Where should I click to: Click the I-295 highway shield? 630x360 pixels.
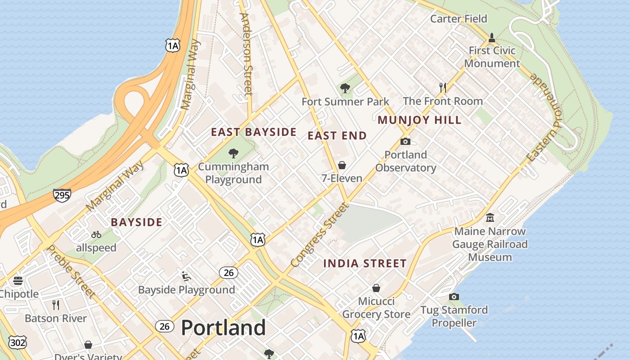pos(62,195)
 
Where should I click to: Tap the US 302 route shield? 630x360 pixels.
pos(17,342)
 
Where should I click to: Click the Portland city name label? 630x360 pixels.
pos(223,328)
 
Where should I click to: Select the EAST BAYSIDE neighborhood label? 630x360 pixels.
pos(254,132)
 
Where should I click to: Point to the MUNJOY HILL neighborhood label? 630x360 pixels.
pos(419,120)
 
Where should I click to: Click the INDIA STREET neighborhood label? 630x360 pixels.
pos(365,263)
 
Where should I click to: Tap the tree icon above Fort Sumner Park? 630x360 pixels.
pos(345,88)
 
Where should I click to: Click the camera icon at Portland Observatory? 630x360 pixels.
pos(405,141)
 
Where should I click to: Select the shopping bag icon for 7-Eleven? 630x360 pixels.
pos(342,165)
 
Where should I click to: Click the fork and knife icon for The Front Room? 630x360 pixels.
pos(443,87)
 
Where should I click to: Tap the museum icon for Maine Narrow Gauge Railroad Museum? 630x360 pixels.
pos(490,218)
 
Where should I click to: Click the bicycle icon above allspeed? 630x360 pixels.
pos(96,234)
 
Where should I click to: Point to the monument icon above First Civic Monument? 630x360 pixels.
pos(492,37)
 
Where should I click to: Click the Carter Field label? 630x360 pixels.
pos(459,18)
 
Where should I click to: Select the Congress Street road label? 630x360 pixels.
pos(320,235)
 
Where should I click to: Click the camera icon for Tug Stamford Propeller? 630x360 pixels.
pos(454,297)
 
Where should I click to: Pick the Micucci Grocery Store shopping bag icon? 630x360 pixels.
pos(376,288)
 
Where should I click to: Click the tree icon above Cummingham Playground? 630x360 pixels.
pos(233,153)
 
